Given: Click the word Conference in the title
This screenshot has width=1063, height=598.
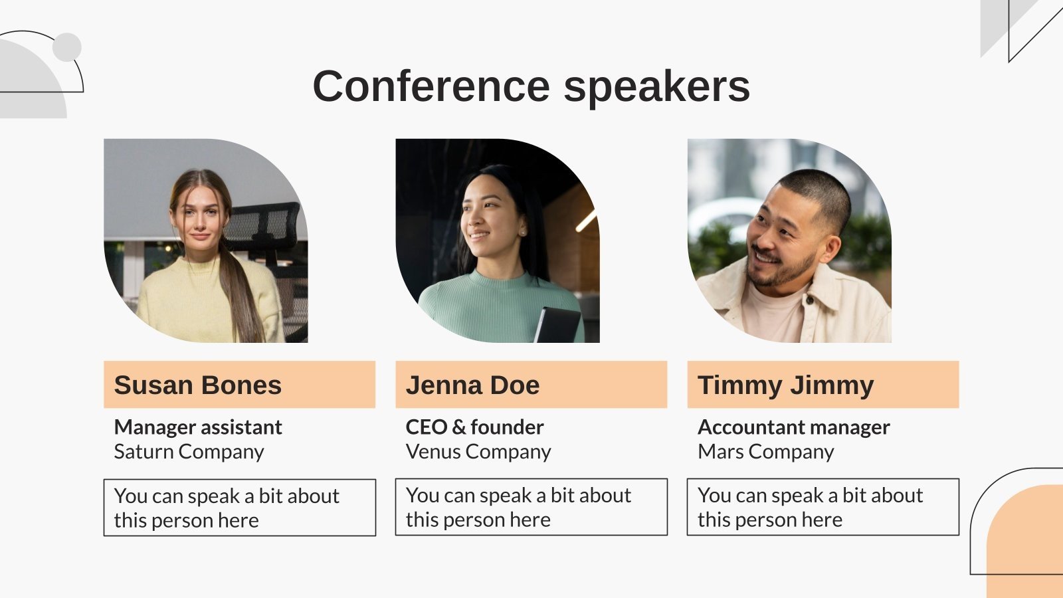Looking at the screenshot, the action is [x=431, y=86].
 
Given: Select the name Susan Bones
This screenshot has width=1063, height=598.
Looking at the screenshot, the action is [x=197, y=385].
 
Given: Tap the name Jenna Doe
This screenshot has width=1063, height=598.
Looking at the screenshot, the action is [x=472, y=385].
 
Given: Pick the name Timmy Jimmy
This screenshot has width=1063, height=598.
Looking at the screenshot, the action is [x=785, y=386].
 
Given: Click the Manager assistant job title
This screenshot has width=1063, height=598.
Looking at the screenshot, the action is [x=198, y=427].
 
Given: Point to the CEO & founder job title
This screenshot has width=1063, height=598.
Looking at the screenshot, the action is [x=474, y=427].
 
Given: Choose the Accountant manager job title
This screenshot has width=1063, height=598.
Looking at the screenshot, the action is [x=793, y=428].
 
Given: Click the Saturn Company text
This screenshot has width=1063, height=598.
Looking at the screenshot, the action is [x=189, y=452].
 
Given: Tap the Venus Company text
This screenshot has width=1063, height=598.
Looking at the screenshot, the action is [x=478, y=452].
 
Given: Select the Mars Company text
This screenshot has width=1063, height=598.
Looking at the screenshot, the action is [x=765, y=452].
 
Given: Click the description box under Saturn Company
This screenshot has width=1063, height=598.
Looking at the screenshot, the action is [x=240, y=508].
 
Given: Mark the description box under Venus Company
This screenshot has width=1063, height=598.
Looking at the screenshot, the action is [x=531, y=507].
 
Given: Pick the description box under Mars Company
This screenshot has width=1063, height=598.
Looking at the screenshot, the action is [x=823, y=507].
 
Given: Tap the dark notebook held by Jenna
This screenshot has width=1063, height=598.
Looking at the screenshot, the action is [x=557, y=325].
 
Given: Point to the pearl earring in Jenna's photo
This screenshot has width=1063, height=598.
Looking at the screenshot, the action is [x=522, y=233].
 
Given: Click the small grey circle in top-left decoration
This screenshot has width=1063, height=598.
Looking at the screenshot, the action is [x=67, y=47].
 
